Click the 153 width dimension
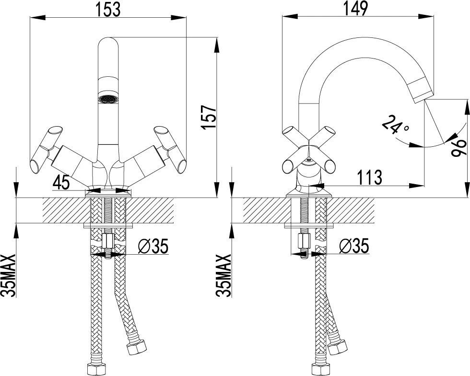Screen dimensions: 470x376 click(x=108, y=10)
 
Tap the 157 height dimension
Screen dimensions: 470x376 click(x=209, y=117)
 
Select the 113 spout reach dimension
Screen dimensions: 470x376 click(x=370, y=177)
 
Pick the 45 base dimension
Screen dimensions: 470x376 click(x=61, y=181)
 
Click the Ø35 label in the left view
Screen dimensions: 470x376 click(x=153, y=246)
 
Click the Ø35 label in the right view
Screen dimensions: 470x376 click(x=354, y=246)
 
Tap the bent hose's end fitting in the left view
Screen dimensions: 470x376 click(x=137, y=348)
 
